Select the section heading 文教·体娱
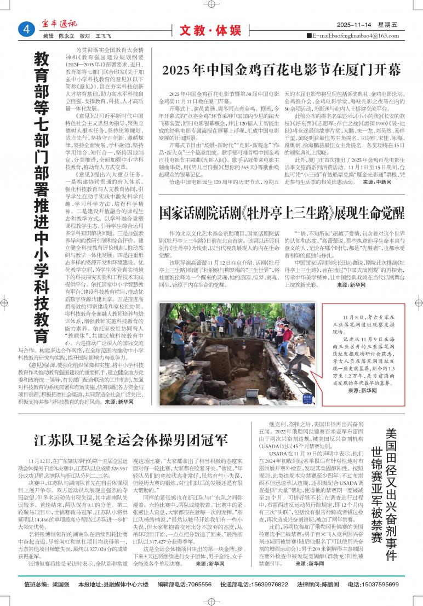pyautogui.click(x=210, y=31)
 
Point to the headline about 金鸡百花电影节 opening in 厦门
pyautogui.click(x=282, y=70)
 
